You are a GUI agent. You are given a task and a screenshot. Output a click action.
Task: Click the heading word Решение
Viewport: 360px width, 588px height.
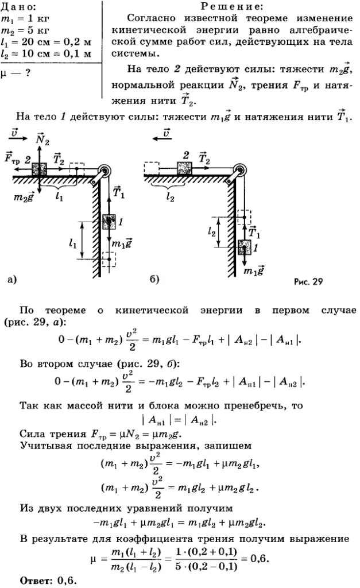tap(232, 6)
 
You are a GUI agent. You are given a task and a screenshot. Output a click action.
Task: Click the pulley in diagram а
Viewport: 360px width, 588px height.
tap(103, 173)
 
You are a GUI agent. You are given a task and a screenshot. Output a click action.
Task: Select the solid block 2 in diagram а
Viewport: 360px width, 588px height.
tap(39, 170)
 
